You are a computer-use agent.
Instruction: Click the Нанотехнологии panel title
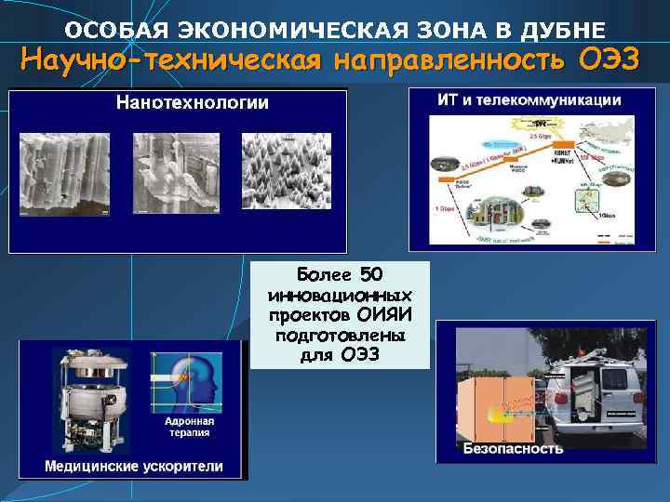pos(191,103)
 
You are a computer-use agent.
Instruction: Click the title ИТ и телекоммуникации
pos(529,99)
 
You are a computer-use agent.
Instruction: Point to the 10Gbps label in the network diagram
pos(608,215)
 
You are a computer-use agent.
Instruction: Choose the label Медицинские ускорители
pos(133,466)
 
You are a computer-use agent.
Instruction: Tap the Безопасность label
pos(513,449)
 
